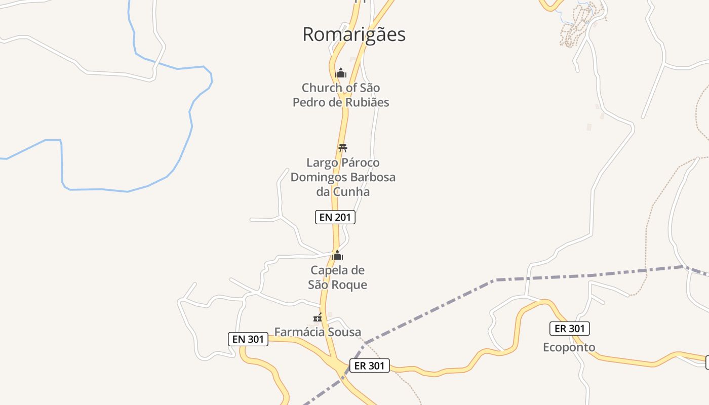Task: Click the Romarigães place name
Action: (x=354, y=34)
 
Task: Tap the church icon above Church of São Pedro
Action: (x=341, y=73)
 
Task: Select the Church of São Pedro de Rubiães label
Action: (x=341, y=95)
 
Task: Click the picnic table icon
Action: (x=343, y=148)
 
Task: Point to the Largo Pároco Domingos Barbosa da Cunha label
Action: (x=343, y=177)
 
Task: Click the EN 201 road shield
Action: (x=335, y=217)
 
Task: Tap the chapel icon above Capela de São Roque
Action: (x=337, y=255)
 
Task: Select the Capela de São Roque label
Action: (x=337, y=277)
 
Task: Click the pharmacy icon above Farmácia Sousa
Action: (x=318, y=317)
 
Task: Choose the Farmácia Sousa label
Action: (x=318, y=332)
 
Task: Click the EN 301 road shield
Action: (x=248, y=339)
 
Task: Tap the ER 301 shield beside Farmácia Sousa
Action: (x=370, y=366)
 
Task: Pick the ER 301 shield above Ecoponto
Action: (x=570, y=329)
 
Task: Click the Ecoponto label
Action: (x=569, y=347)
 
